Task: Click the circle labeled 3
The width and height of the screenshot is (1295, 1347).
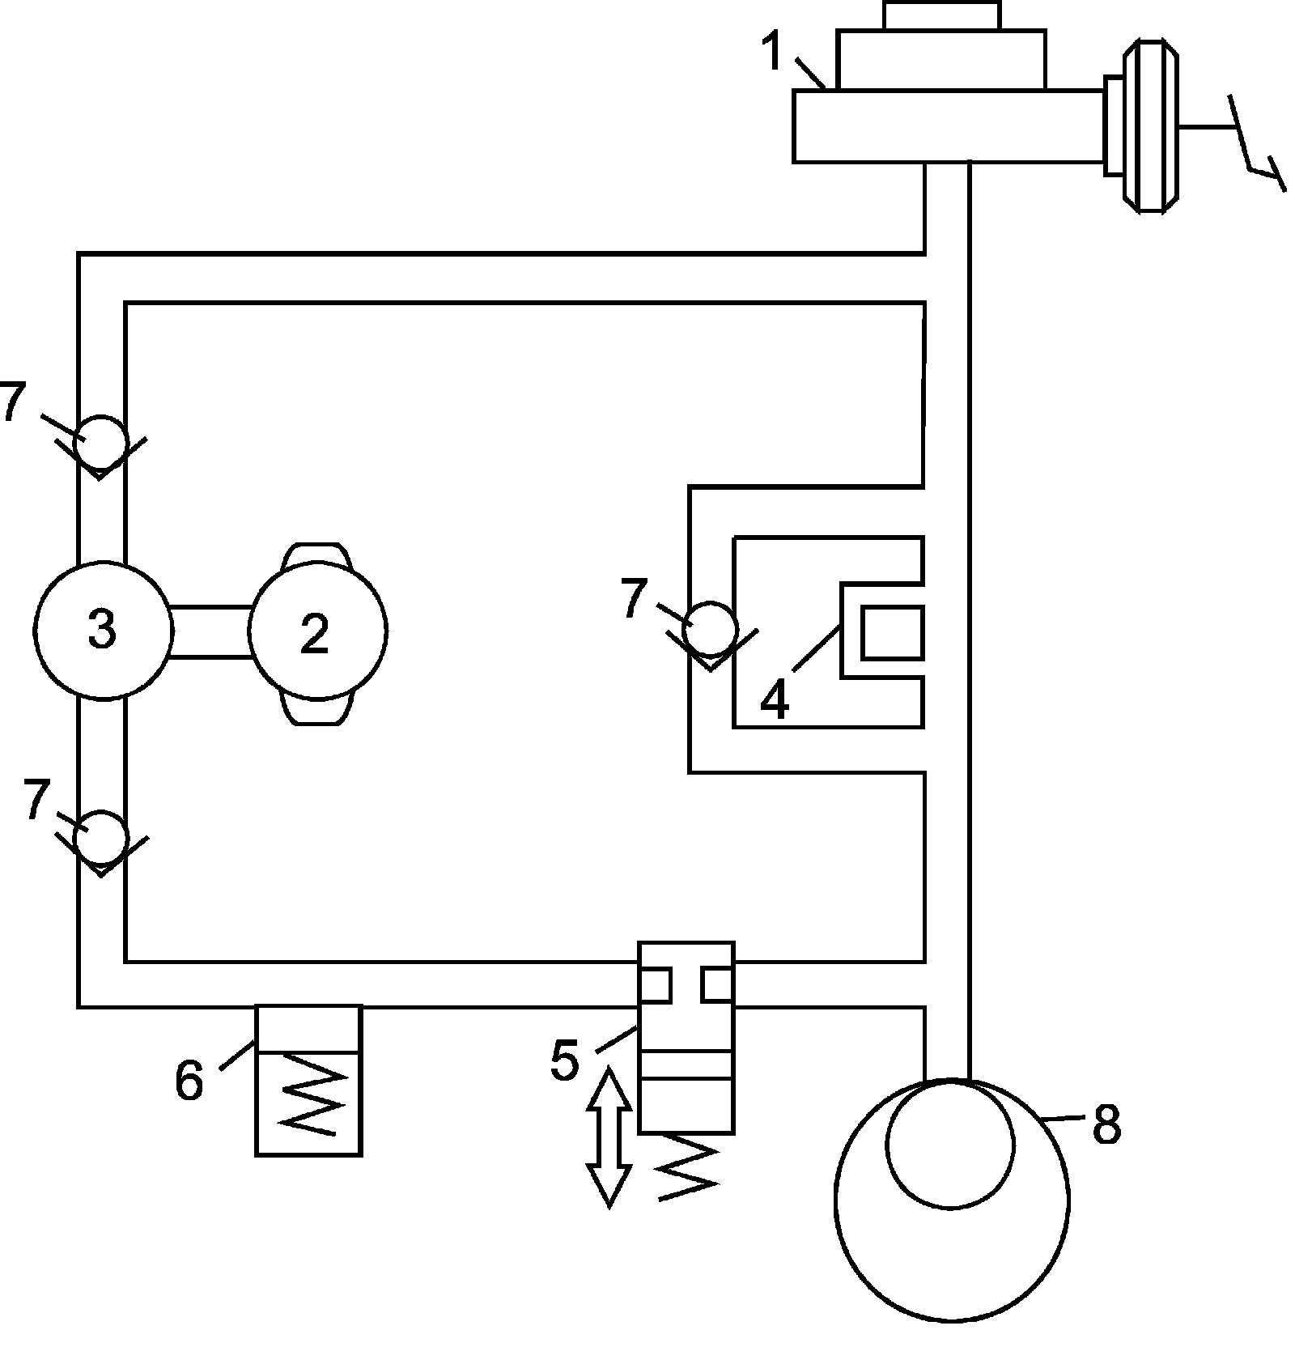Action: click(x=104, y=630)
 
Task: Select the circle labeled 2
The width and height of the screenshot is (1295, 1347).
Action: click(x=317, y=632)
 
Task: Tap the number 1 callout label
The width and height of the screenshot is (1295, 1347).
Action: click(x=775, y=52)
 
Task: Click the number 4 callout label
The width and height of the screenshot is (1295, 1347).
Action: click(x=775, y=700)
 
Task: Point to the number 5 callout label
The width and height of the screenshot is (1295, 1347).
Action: click(x=565, y=1059)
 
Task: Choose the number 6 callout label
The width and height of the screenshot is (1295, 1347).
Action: click(x=189, y=1080)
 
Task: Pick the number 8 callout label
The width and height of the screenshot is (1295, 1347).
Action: click(x=1106, y=1124)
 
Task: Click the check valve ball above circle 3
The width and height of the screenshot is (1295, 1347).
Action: click(x=102, y=441)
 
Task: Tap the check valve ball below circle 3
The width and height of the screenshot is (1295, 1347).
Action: click(x=100, y=839)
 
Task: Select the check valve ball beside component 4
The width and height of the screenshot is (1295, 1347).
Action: click(x=710, y=627)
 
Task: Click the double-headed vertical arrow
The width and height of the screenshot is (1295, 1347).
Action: click(x=609, y=1137)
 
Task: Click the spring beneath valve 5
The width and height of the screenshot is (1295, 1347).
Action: click(x=688, y=1166)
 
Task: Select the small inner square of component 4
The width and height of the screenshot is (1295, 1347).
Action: click(x=892, y=632)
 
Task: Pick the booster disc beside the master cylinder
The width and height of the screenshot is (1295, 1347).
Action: click(x=1150, y=128)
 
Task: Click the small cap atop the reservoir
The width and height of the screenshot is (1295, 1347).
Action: click(x=941, y=15)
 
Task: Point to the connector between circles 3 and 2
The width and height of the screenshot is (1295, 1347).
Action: click(x=211, y=631)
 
